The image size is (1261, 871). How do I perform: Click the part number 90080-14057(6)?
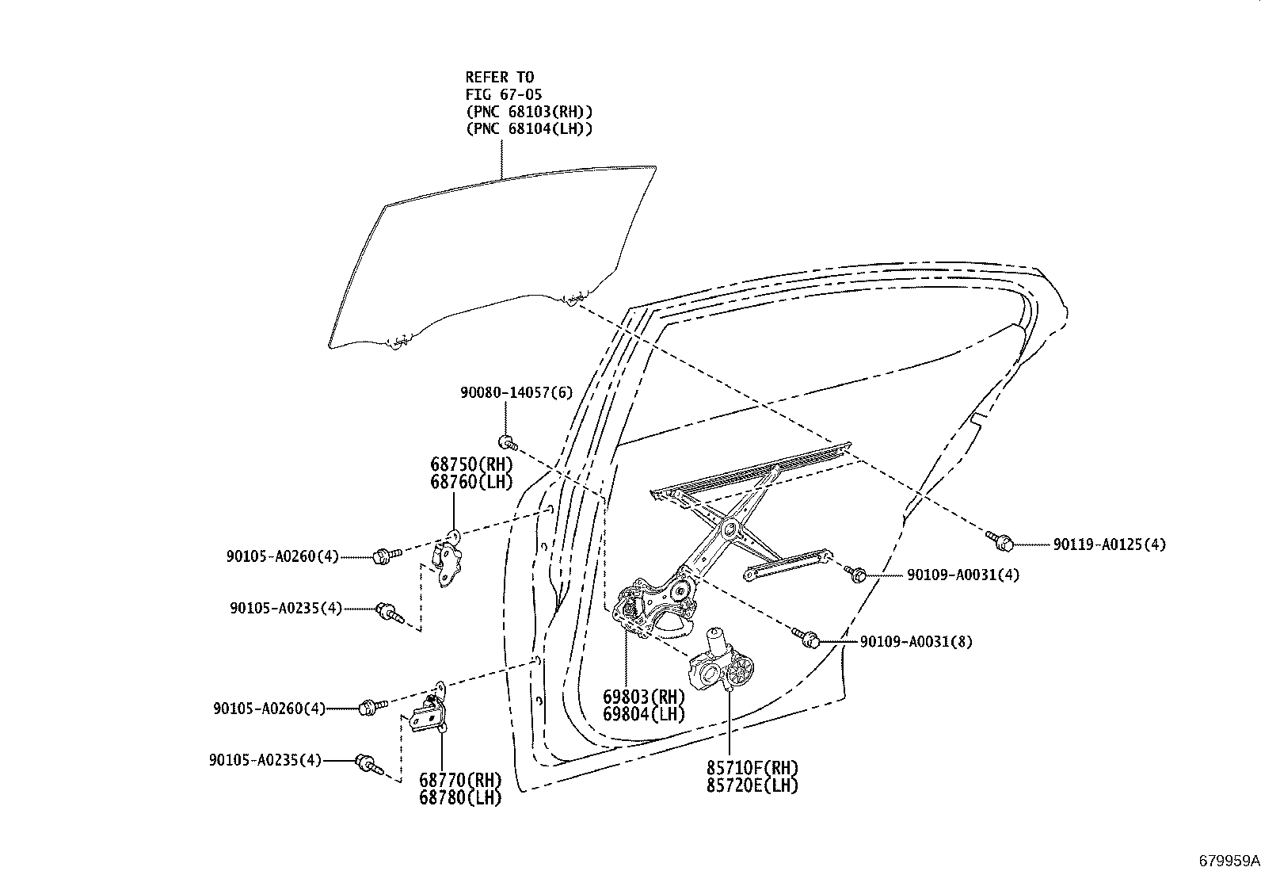516,392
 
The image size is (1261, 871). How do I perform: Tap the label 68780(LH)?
460,797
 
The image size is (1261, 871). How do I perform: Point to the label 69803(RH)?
643,697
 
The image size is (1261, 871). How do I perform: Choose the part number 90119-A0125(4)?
1109,544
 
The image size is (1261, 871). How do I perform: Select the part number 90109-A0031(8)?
916,642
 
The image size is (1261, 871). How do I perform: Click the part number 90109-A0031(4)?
963,575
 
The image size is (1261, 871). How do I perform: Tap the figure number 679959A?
1229,860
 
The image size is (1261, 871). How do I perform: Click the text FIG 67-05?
504,94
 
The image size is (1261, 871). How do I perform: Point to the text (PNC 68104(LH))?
528,128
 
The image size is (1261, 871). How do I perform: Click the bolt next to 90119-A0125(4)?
1001,541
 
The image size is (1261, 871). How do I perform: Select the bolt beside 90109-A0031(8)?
807,636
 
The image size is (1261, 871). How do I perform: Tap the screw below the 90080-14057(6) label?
509,441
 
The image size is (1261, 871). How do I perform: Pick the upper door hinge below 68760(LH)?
449,560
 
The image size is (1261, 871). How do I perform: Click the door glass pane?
491,254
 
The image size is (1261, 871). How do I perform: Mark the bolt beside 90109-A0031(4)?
856,573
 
